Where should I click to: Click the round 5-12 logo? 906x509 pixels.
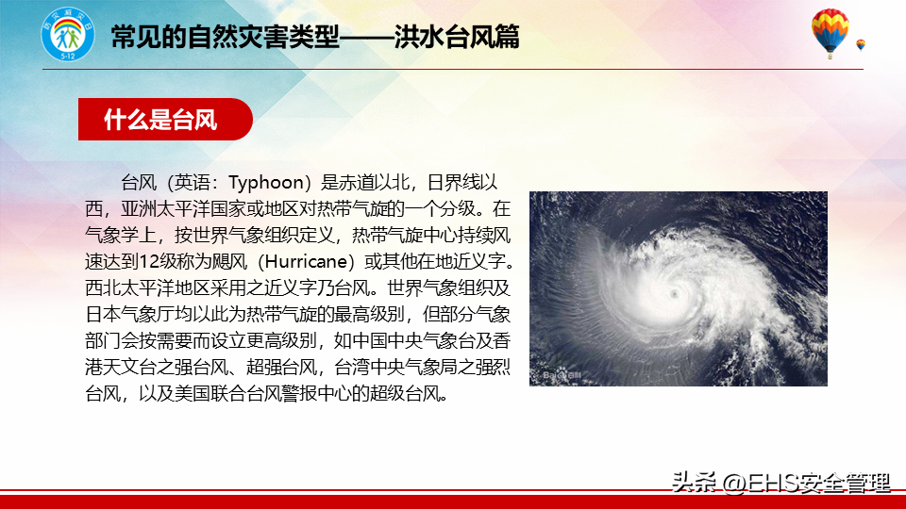click(x=68, y=35)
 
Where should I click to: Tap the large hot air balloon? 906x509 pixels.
click(x=830, y=33)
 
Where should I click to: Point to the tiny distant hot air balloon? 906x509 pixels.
click(x=861, y=45)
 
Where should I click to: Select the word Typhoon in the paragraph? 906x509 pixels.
click(x=266, y=183)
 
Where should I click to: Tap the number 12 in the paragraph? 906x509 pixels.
click(x=149, y=262)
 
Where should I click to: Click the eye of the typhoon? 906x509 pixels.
click(x=674, y=294)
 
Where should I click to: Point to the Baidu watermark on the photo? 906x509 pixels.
click(x=562, y=376)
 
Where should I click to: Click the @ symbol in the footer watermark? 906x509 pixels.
click(x=734, y=483)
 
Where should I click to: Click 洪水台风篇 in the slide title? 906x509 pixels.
click(x=457, y=37)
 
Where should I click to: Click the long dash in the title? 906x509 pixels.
click(x=367, y=38)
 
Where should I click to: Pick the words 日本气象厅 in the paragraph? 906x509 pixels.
click(x=129, y=315)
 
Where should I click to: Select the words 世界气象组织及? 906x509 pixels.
click(x=449, y=288)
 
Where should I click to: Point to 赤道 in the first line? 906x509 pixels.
click(x=357, y=183)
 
